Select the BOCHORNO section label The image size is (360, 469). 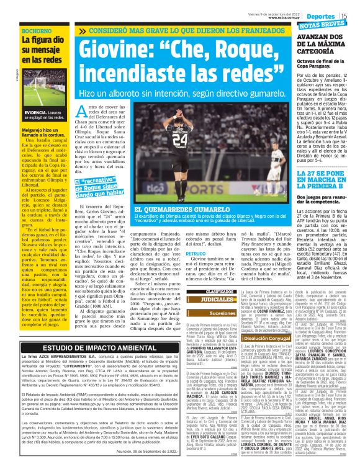click(37, 30)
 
